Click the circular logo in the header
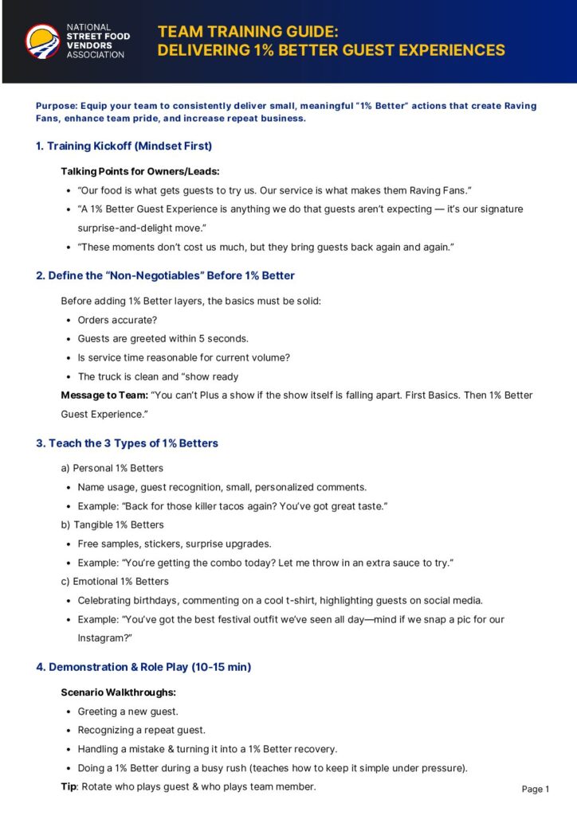pyautogui.click(x=42, y=41)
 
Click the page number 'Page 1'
pyautogui.click(x=536, y=789)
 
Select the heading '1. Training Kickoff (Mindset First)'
pyautogui.click(x=124, y=146)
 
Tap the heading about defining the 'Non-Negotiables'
pyautogui.click(x=165, y=276)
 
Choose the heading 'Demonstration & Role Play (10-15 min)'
pyautogui.click(x=150, y=667)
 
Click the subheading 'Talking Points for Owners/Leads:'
pyautogui.click(x=139, y=171)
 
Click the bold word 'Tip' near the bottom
pyautogui.click(x=69, y=786)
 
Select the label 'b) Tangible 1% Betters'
pyautogui.click(x=112, y=525)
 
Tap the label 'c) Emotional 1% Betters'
pyautogui.click(x=115, y=582)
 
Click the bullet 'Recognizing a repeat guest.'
pyautogui.click(x=141, y=730)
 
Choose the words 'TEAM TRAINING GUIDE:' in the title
pyautogui.click(x=248, y=32)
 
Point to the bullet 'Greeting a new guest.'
pyautogui.click(x=128, y=712)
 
